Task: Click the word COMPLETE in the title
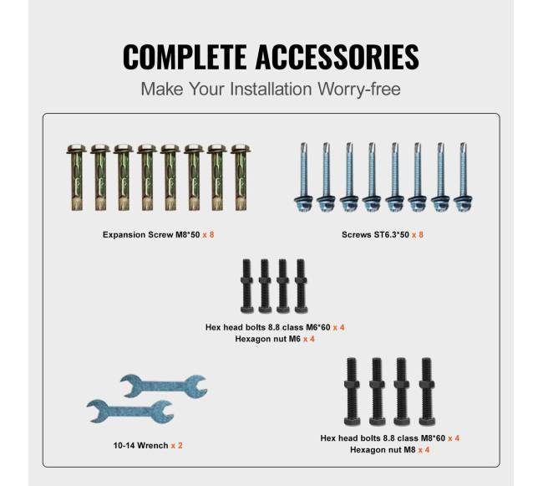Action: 185,57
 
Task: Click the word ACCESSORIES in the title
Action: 337,57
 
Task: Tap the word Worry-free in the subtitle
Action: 359,90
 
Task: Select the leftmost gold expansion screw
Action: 77,177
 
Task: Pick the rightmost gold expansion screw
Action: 241,177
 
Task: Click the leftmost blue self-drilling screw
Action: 304,177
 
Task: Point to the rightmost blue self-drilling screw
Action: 463,177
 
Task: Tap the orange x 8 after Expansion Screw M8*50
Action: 209,235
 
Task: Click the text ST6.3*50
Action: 391,235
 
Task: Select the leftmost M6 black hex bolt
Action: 246,286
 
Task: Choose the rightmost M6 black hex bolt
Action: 301,286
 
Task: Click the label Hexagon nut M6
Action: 267,339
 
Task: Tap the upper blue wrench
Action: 164,386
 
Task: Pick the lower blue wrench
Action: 130,412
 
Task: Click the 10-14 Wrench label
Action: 140,446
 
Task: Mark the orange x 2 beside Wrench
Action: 176,446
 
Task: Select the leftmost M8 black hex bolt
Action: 352,391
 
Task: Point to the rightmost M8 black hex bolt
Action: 427,391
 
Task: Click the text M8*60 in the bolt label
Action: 433,438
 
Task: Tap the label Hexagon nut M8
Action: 383,449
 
